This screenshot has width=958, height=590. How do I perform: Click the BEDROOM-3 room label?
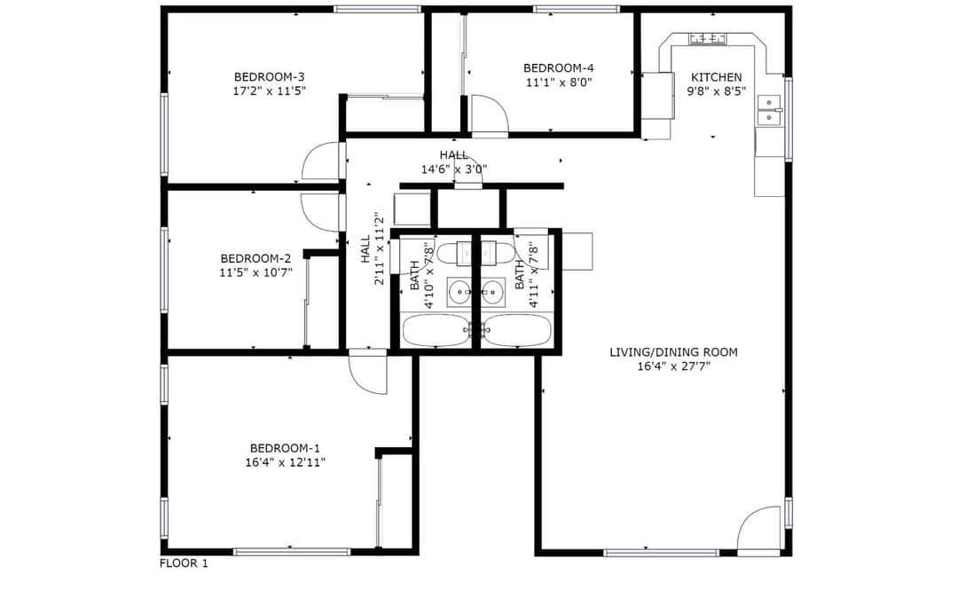[x=269, y=77]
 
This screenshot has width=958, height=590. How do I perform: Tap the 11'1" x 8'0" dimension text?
[x=559, y=82]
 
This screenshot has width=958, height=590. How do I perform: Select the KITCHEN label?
[x=716, y=77]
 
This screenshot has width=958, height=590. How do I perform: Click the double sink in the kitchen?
[x=769, y=110]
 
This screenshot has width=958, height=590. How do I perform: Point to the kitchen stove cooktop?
[x=708, y=38]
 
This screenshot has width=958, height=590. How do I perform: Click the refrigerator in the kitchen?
[x=657, y=95]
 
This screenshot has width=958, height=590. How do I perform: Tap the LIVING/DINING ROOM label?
[x=673, y=352]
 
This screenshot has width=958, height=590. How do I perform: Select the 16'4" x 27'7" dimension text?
[x=673, y=366]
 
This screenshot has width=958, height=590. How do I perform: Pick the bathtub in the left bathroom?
[x=435, y=331]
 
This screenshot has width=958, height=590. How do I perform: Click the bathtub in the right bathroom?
[x=519, y=331]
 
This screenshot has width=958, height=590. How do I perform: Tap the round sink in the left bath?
[x=459, y=292]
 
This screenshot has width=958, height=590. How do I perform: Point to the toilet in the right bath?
[x=496, y=253]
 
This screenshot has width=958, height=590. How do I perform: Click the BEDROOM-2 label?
[x=255, y=258]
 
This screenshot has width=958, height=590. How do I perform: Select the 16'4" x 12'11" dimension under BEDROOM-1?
[x=286, y=463]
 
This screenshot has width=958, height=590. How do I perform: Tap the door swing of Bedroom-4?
[x=489, y=114]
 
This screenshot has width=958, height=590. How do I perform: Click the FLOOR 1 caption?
[x=184, y=563]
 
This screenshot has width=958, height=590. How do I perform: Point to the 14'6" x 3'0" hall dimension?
[x=454, y=169]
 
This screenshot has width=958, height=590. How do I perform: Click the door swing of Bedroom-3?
[x=322, y=161]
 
